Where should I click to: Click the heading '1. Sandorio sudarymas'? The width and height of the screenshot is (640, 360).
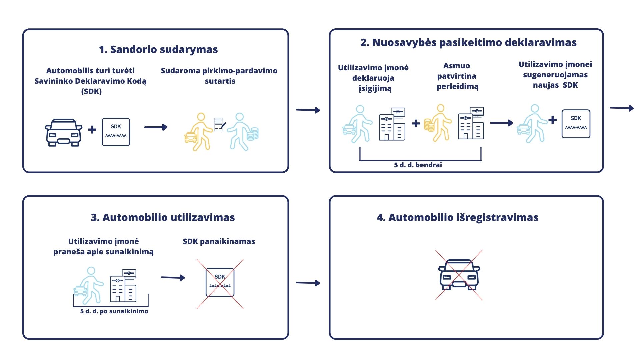(158, 49)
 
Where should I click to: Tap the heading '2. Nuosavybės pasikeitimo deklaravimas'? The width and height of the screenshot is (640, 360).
(468, 43)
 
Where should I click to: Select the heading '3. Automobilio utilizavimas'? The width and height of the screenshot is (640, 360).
(163, 217)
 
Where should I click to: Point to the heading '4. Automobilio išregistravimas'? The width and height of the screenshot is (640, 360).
(457, 217)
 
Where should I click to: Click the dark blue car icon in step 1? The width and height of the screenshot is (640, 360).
(64, 132)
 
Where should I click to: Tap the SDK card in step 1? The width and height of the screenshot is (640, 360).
(116, 132)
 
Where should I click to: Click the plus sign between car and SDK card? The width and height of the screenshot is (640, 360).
(92, 130)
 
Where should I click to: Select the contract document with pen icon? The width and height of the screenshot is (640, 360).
(219, 125)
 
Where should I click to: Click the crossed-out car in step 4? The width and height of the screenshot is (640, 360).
(459, 275)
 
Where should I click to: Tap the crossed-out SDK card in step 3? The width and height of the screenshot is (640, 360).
(220, 283)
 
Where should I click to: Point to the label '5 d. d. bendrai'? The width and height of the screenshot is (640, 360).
(418, 165)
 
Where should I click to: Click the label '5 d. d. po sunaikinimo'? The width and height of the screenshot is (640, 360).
(114, 311)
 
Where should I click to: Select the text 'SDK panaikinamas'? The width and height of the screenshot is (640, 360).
(219, 242)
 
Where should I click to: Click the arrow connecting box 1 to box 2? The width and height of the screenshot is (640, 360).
(308, 110)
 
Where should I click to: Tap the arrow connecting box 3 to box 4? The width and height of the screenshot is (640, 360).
(308, 283)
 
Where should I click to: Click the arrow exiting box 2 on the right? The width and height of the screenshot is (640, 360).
(621, 108)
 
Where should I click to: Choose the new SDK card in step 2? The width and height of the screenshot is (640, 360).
(576, 124)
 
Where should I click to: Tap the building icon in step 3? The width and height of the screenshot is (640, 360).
(123, 286)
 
